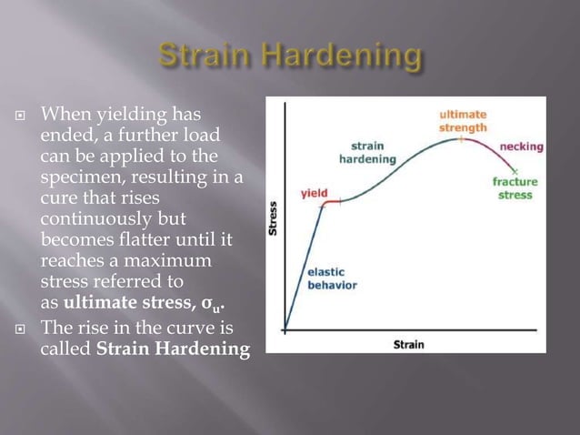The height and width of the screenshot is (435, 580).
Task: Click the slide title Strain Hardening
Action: (290, 56)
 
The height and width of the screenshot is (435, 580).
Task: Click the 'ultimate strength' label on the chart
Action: (463, 121)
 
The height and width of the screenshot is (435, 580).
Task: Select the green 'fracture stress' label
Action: (514, 188)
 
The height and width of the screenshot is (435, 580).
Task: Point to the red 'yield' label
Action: (314, 194)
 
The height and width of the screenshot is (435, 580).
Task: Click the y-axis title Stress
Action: (274, 219)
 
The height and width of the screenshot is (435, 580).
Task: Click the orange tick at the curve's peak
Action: (461, 139)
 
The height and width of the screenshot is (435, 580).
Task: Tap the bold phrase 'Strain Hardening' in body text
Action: (173, 349)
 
